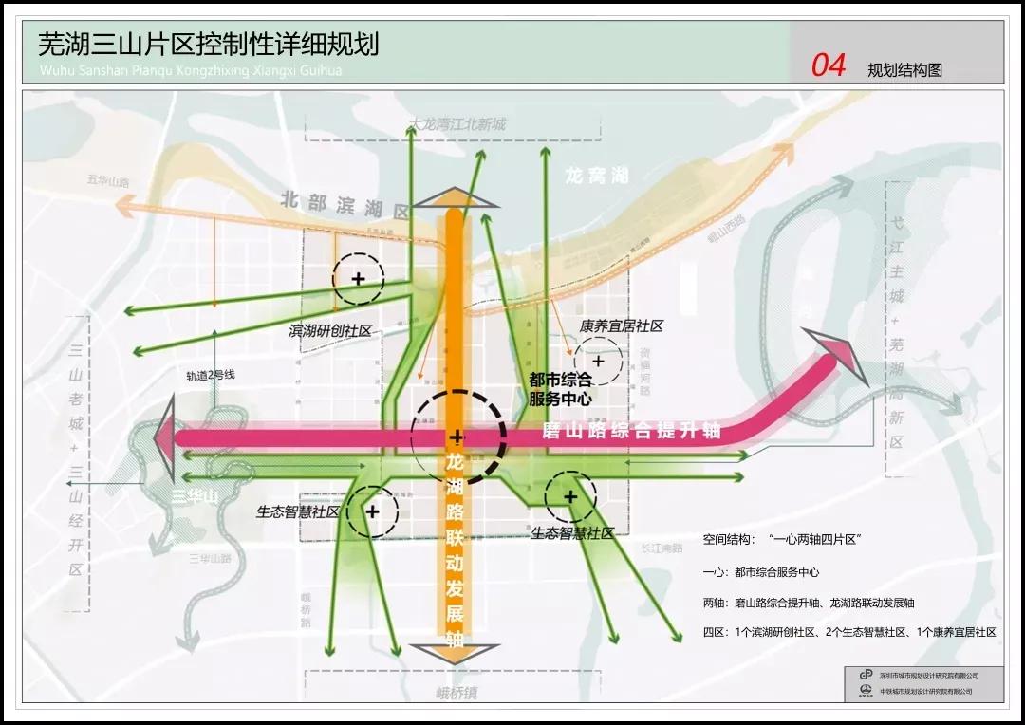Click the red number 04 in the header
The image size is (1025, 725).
(828, 65)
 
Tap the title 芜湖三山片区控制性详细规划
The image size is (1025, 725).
(208, 44)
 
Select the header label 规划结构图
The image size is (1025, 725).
(904, 70)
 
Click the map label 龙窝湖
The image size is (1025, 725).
(597, 176)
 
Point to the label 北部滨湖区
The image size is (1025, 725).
(345, 205)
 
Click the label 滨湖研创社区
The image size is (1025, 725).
(329, 331)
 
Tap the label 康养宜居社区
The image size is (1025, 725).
(621, 325)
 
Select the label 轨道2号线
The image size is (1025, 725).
(210, 375)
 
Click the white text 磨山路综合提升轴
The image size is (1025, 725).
(631, 431)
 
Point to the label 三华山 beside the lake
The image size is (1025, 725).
(195, 496)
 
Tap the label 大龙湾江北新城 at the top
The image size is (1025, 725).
(457, 124)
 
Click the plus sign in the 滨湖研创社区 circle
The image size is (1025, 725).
(358, 279)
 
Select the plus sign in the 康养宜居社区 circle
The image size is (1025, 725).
(598, 362)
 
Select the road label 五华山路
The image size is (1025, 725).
(107, 180)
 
